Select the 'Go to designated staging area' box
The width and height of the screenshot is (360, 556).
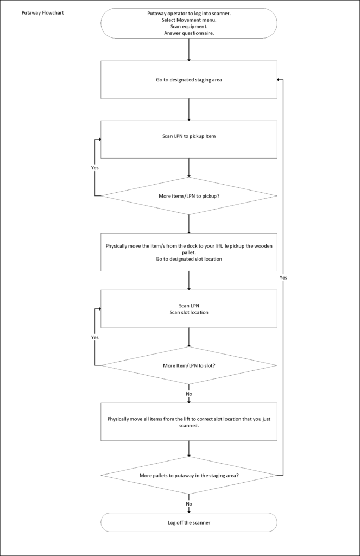189,79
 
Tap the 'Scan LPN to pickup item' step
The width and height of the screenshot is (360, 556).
189,139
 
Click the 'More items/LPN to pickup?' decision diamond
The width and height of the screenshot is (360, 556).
189,195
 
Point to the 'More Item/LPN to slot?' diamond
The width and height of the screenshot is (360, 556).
189,365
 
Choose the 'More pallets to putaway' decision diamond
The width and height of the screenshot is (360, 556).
189,475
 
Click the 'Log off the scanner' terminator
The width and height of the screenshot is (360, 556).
189,522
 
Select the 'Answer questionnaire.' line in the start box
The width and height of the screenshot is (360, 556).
189,33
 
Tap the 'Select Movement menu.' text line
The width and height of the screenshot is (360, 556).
189,20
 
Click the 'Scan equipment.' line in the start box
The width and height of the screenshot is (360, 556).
189,27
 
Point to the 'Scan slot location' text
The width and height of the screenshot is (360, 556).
189,312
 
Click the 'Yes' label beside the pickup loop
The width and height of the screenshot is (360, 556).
94,168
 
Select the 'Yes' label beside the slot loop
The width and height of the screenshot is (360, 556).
94,337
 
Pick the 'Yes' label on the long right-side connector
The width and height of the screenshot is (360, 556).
283,277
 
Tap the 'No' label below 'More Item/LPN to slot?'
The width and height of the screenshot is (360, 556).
189,394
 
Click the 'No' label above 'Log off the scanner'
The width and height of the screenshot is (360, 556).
189,504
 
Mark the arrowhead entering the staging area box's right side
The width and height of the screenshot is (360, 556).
279,79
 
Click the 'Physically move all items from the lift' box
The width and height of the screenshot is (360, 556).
189,422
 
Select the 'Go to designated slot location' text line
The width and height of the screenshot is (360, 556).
189,259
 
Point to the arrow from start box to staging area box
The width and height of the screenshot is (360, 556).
189,49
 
